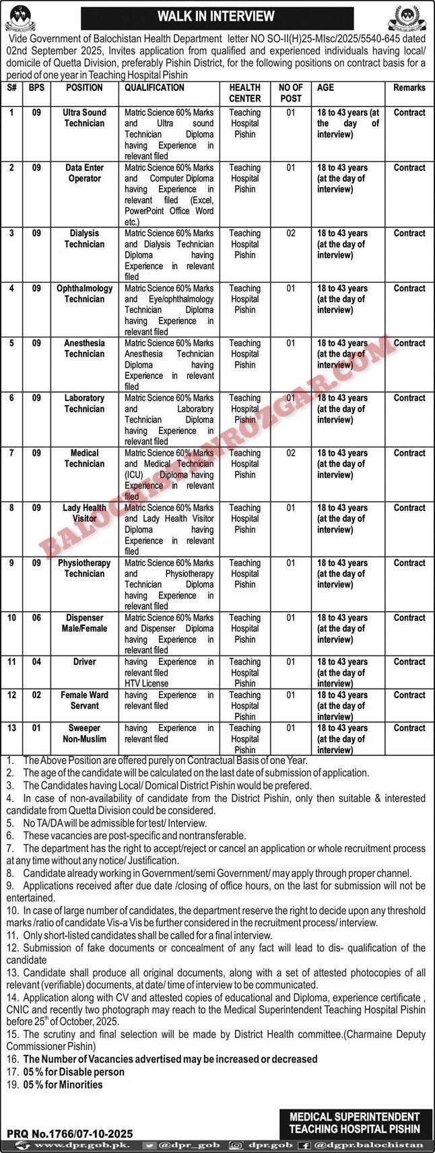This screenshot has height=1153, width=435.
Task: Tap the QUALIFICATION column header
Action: (154, 88)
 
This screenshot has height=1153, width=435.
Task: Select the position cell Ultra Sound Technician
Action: (84, 118)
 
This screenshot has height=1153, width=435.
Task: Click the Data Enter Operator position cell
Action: (84, 173)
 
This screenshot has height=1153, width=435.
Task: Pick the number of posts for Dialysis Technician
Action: (291, 234)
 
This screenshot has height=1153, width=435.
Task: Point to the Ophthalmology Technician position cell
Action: (84, 293)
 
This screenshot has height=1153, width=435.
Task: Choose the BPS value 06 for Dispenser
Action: (36, 618)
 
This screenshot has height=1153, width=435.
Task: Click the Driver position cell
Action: (85, 662)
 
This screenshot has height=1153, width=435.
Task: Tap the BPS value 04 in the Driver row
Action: (36, 662)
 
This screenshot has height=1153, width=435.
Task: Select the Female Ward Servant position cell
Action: (84, 700)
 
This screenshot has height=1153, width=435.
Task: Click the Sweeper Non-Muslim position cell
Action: (84, 733)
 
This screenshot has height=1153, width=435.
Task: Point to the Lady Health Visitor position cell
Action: (84, 513)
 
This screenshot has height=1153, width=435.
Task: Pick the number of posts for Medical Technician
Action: (291, 453)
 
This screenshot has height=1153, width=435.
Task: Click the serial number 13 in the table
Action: (11, 728)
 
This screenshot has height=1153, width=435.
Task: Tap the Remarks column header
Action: (409, 88)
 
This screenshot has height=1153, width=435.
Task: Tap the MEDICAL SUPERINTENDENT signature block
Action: (355, 1123)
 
